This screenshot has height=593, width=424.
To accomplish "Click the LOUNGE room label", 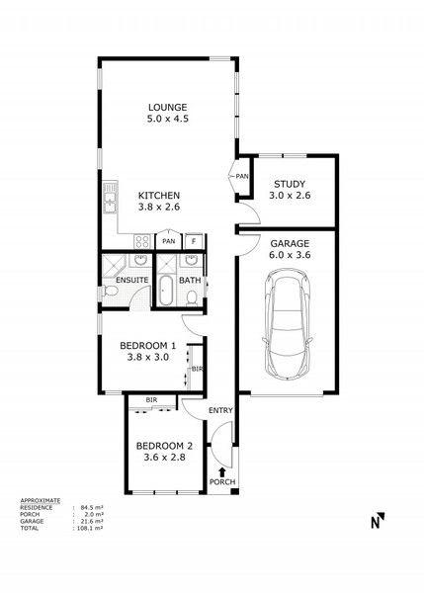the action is click(168, 113).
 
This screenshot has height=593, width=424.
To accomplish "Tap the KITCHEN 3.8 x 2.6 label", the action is click(159, 202).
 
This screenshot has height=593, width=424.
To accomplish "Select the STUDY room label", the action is click(290, 190).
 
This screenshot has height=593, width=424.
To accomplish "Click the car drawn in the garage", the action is click(288, 323).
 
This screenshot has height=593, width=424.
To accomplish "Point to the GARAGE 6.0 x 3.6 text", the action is click(290, 249).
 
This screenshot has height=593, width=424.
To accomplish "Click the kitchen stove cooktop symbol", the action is click(142, 241).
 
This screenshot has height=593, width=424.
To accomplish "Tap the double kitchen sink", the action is click(111, 198).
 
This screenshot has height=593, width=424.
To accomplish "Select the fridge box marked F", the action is click(194, 241).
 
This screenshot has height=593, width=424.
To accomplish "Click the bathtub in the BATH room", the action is click(165, 291).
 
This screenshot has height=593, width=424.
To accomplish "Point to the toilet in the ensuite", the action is click(109, 292).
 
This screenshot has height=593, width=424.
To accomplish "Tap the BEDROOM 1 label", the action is click(148, 351).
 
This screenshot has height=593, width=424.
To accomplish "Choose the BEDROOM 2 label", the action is click(164, 452).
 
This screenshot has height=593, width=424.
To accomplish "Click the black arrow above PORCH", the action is click(222, 472).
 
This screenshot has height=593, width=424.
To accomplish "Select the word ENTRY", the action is click(220, 410).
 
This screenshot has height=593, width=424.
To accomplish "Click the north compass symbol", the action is click(378, 521).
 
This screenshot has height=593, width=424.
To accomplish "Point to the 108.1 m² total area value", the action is click(89, 528).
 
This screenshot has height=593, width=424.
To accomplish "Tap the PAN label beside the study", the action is click(242, 176).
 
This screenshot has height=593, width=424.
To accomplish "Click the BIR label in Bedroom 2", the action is click(151, 399).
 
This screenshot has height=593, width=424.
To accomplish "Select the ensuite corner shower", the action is click(115, 266).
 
